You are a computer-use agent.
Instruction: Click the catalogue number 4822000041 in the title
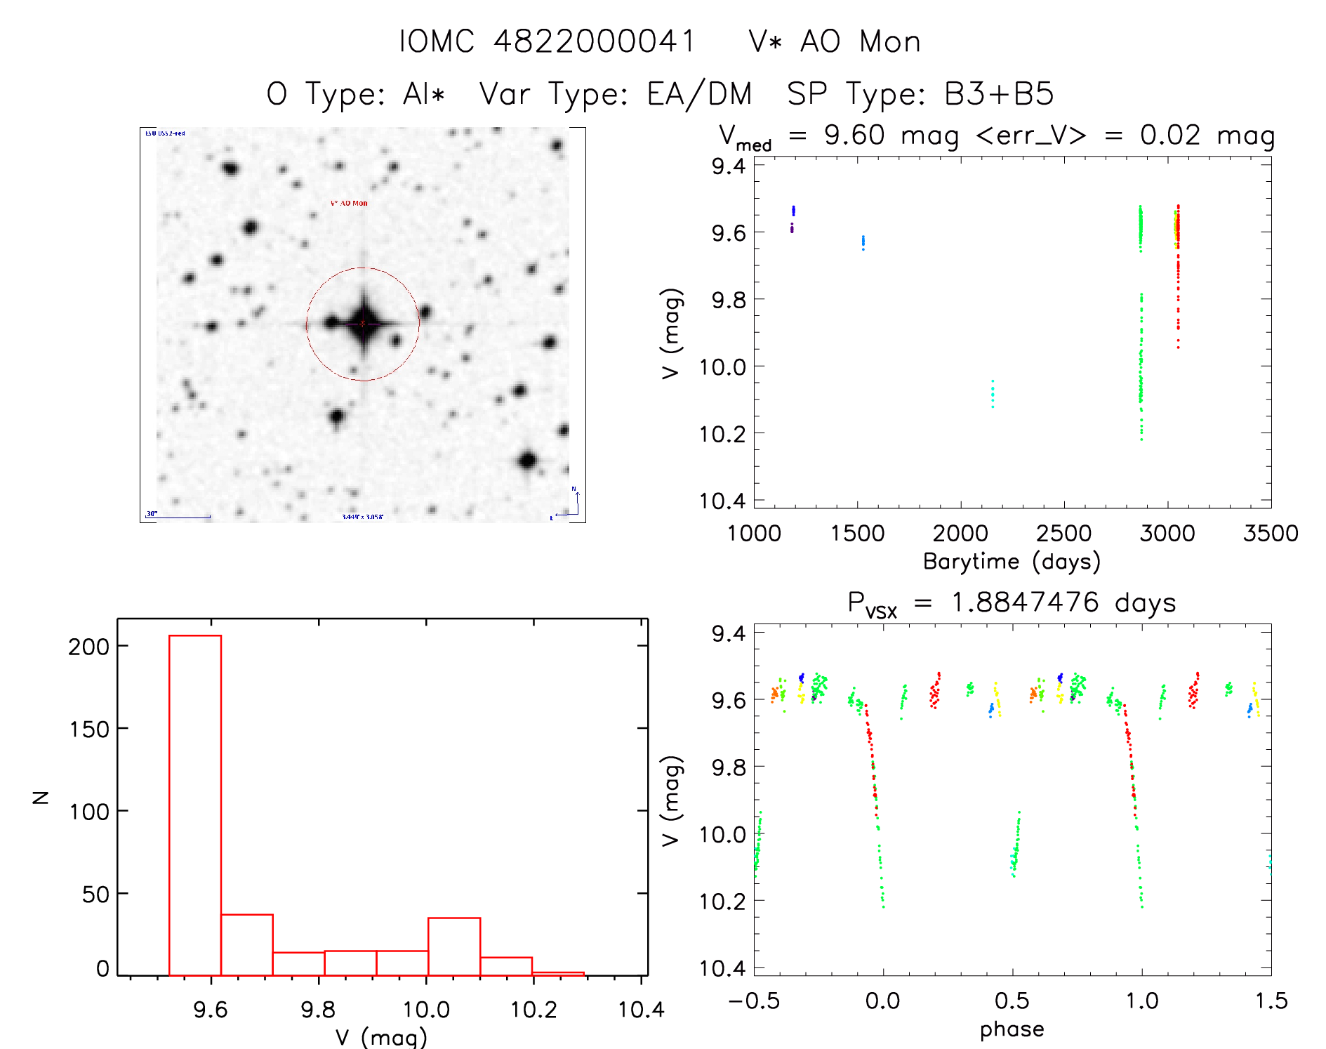tap(594, 41)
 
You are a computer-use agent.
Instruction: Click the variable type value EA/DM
tap(699, 94)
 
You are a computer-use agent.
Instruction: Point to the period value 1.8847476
tap(1025, 602)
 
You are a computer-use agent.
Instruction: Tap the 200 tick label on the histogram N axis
tap(88, 646)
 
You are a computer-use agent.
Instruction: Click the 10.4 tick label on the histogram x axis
tap(640, 1010)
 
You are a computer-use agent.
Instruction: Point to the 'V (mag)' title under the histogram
tap(381, 1037)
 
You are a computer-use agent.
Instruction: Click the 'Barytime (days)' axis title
tap(1012, 561)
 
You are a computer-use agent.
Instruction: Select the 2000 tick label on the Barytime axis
tap(960, 533)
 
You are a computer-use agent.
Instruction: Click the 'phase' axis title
tap(1012, 1029)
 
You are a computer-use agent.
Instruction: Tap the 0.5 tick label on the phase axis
tap(1012, 1001)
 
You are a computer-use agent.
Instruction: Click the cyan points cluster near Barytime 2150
tap(992, 395)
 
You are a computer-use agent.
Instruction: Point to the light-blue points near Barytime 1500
tap(863, 243)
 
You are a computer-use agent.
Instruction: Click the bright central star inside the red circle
tap(363, 324)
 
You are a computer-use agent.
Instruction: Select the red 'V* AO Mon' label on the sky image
tap(349, 203)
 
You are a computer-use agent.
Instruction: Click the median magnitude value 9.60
tap(854, 135)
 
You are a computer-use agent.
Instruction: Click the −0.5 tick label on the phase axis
tap(754, 1001)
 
